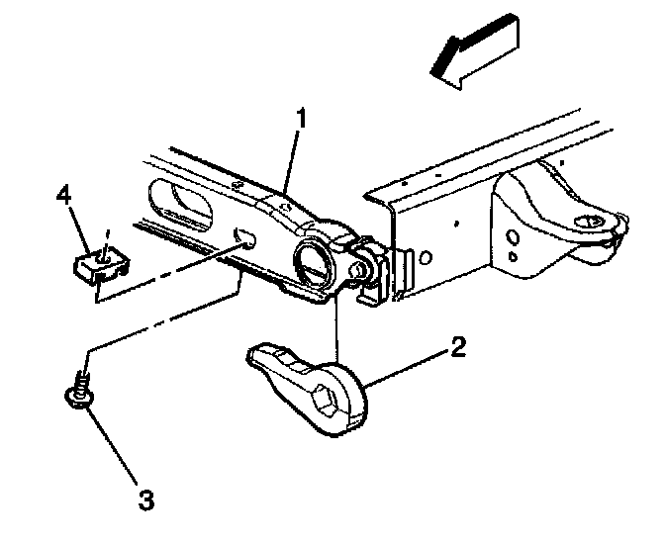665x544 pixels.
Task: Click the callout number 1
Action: [x=301, y=119]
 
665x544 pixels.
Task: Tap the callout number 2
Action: [x=458, y=348]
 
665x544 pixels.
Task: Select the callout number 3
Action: [x=146, y=499]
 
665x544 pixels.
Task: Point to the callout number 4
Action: [x=64, y=197]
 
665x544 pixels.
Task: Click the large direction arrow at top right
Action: [x=476, y=51]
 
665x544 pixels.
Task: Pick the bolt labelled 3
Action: [x=80, y=391]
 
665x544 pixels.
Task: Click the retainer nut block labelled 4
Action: [x=101, y=266]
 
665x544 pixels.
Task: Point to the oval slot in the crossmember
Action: [x=180, y=205]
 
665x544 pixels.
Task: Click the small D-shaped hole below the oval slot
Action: [x=245, y=237]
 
